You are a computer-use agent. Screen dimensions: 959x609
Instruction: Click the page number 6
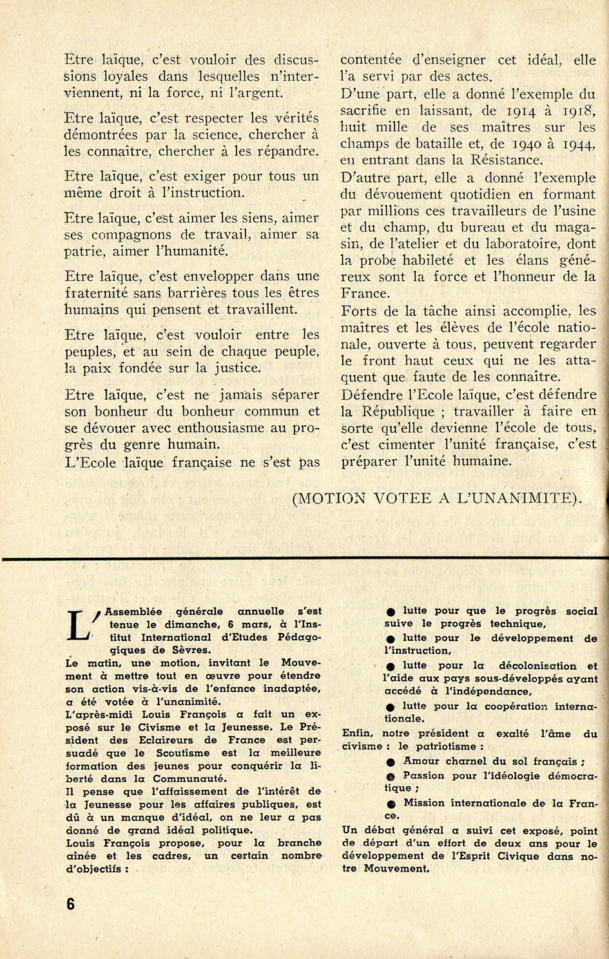pos(70,904)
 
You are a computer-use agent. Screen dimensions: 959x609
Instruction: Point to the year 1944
pos(578,144)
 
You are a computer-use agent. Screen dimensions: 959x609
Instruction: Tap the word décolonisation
pos(537,666)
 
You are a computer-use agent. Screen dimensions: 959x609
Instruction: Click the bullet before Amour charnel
pos(391,762)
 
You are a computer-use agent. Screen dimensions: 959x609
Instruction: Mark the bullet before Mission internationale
pos(391,804)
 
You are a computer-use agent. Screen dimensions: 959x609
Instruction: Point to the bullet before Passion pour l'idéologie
pos(391,777)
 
